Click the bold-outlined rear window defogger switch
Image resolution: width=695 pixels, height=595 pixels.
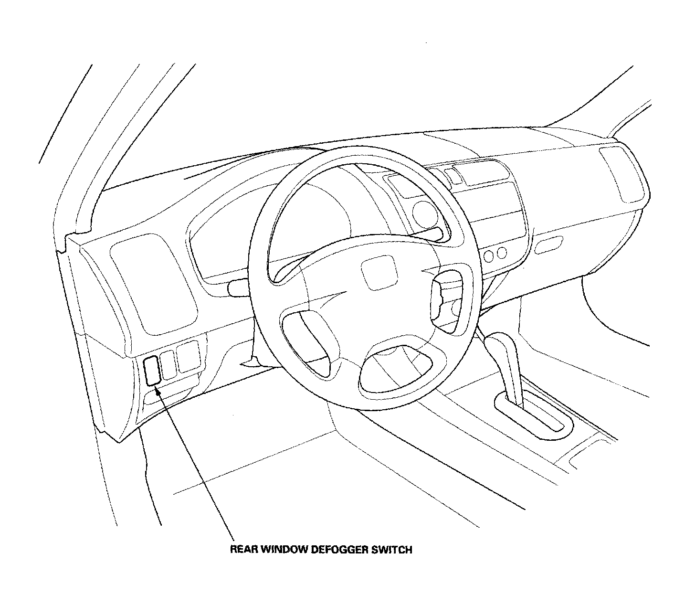click(x=152, y=370)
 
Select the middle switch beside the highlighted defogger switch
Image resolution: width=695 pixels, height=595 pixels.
click(x=168, y=365)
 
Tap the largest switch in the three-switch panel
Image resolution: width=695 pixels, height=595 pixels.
click(x=188, y=356)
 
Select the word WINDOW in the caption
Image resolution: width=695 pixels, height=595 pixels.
click(x=284, y=550)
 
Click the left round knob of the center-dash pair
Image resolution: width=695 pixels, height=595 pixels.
click(x=489, y=256)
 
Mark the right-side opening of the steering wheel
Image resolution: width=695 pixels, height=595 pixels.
click(x=447, y=297)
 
